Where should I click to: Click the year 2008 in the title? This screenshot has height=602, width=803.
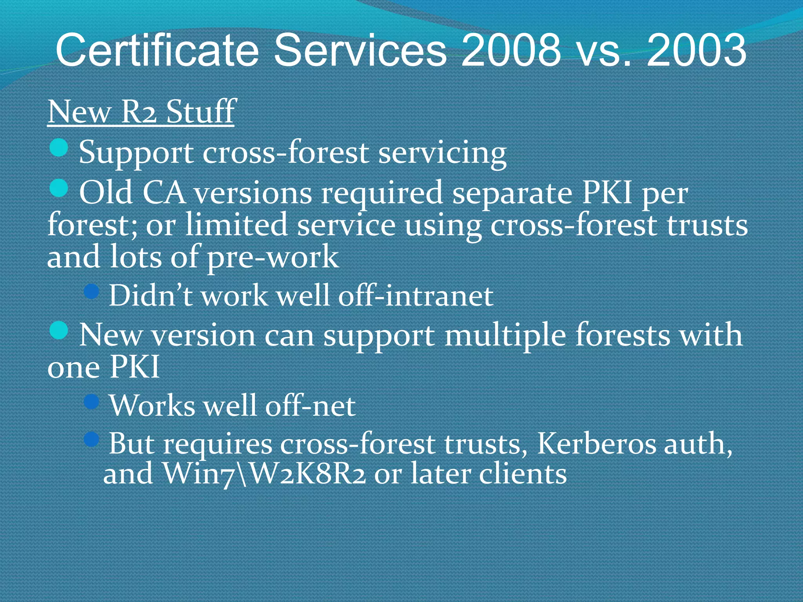pyautogui.click(x=511, y=50)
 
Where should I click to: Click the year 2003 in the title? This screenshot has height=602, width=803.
pyautogui.click(x=696, y=50)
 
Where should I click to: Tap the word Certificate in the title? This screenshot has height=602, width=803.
pyautogui.click(x=157, y=50)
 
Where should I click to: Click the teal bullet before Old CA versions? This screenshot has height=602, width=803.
pyautogui.click(x=59, y=188)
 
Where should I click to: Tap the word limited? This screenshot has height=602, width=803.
pyautogui.click(x=236, y=225)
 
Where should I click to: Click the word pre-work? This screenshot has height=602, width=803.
pyautogui.click(x=273, y=257)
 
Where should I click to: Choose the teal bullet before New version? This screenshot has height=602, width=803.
pyautogui.click(x=59, y=330)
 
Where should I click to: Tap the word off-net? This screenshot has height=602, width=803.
pyautogui.click(x=310, y=406)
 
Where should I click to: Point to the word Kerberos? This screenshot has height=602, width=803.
pyautogui.click(x=596, y=444)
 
